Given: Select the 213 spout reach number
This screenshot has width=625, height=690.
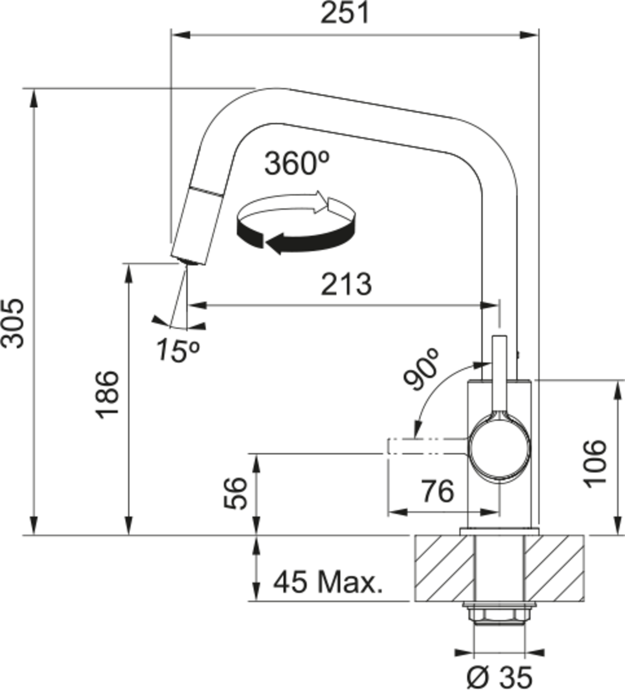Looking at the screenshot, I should click(x=346, y=285).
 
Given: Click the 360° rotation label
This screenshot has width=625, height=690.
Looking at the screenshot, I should click(x=297, y=164).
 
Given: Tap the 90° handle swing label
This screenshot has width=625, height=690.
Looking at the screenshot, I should click(x=421, y=370).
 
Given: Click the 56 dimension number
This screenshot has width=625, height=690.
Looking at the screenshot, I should click(x=235, y=494).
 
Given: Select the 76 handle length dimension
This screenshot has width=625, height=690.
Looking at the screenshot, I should click(x=437, y=491).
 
